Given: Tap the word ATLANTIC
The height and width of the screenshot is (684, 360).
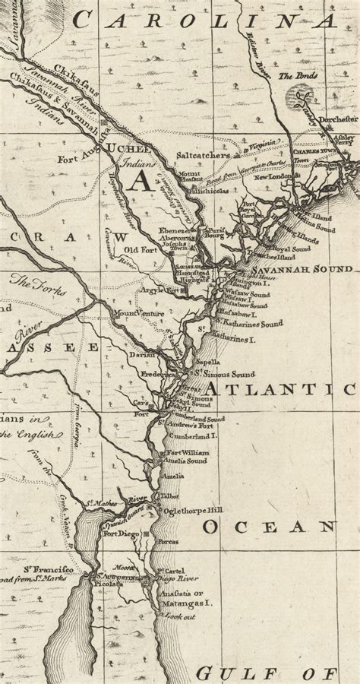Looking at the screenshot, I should click(x=280, y=390).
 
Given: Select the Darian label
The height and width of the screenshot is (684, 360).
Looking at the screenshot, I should click(x=143, y=354).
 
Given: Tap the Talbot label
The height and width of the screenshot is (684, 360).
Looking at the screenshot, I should click(x=171, y=496).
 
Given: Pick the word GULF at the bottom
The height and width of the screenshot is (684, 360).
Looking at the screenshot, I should click(x=229, y=673).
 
